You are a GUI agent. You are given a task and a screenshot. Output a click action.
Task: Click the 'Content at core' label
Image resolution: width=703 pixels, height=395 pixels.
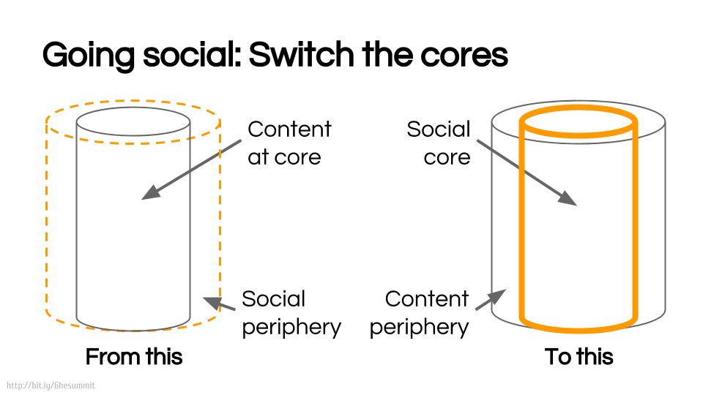289,143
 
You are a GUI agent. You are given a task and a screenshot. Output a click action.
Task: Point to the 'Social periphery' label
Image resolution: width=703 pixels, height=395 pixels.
291,312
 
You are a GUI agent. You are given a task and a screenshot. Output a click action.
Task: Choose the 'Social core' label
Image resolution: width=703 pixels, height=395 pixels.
439,143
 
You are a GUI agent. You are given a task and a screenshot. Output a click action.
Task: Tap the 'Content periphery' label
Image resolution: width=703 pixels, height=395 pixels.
419,312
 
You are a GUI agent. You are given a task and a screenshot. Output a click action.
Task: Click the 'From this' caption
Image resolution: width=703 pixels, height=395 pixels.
134,357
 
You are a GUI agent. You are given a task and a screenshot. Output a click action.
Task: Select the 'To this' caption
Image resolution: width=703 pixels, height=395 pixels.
579,357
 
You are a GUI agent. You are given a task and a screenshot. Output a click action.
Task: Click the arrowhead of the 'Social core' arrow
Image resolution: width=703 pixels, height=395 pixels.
570,199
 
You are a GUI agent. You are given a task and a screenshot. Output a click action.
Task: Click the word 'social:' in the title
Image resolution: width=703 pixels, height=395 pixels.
192,56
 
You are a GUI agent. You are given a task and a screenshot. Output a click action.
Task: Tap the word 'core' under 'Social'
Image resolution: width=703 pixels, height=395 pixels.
447,157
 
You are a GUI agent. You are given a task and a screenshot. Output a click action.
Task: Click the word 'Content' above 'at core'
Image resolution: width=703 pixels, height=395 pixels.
289,129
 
